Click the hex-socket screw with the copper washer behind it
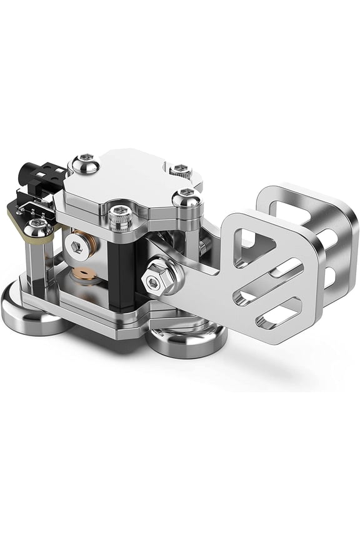pos(76,241)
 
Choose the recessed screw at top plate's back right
pos(181,168)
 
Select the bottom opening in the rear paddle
pos(328,275)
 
